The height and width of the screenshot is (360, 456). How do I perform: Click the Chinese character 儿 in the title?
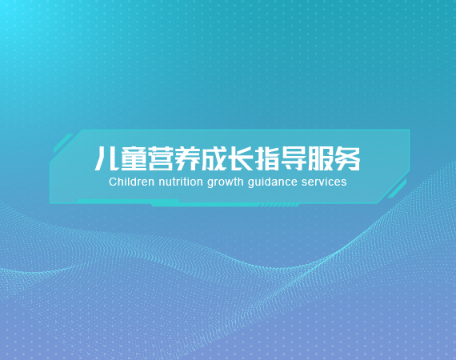[106, 158]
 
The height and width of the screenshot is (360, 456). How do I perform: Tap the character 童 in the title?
[134, 158]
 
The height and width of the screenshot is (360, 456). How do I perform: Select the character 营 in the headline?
[161, 158]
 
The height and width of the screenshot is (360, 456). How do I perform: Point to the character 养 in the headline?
[187, 158]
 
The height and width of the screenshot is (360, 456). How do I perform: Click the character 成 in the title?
[214, 158]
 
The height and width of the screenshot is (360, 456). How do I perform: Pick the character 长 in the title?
[241, 158]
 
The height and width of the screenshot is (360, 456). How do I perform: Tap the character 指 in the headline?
[267, 158]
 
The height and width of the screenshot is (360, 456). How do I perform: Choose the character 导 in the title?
[294, 158]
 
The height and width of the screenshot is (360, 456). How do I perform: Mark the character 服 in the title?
[321, 158]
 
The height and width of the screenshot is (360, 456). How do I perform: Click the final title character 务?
[347, 158]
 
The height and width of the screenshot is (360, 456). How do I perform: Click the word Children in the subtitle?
[131, 182]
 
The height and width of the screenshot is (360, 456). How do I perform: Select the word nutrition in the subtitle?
[181, 182]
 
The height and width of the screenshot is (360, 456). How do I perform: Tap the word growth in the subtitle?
[226, 182]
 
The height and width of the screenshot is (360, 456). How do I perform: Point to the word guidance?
[273, 182]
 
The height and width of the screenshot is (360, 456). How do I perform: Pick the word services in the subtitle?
[324, 182]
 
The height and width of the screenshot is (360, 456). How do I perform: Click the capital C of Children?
[113, 182]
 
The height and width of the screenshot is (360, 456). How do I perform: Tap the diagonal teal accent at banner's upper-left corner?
[63, 143]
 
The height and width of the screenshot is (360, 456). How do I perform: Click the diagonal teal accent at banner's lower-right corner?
[397, 189]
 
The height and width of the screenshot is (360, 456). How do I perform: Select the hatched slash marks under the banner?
[279, 206]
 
